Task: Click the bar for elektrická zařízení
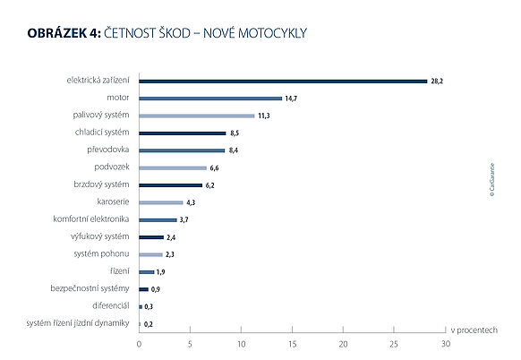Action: point(283,81)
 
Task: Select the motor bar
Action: point(210,99)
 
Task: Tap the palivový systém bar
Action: point(197,116)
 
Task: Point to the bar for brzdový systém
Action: point(170,185)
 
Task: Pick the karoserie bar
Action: point(161,202)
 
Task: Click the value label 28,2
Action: point(437,81)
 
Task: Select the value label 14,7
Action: point(291,99)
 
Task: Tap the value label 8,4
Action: point(234,150)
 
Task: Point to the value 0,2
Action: point(149,324)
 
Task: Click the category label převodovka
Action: point(108,150)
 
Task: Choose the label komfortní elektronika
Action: point(91,219)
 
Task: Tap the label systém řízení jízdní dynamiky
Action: point(78,323)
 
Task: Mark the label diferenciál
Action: point(111,305)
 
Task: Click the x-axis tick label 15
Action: point(292,345)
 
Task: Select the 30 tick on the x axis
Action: point(446,345)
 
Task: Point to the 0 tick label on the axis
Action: point(139,345)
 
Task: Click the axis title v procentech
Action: point(474,330)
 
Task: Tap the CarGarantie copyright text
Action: point(492,179)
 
